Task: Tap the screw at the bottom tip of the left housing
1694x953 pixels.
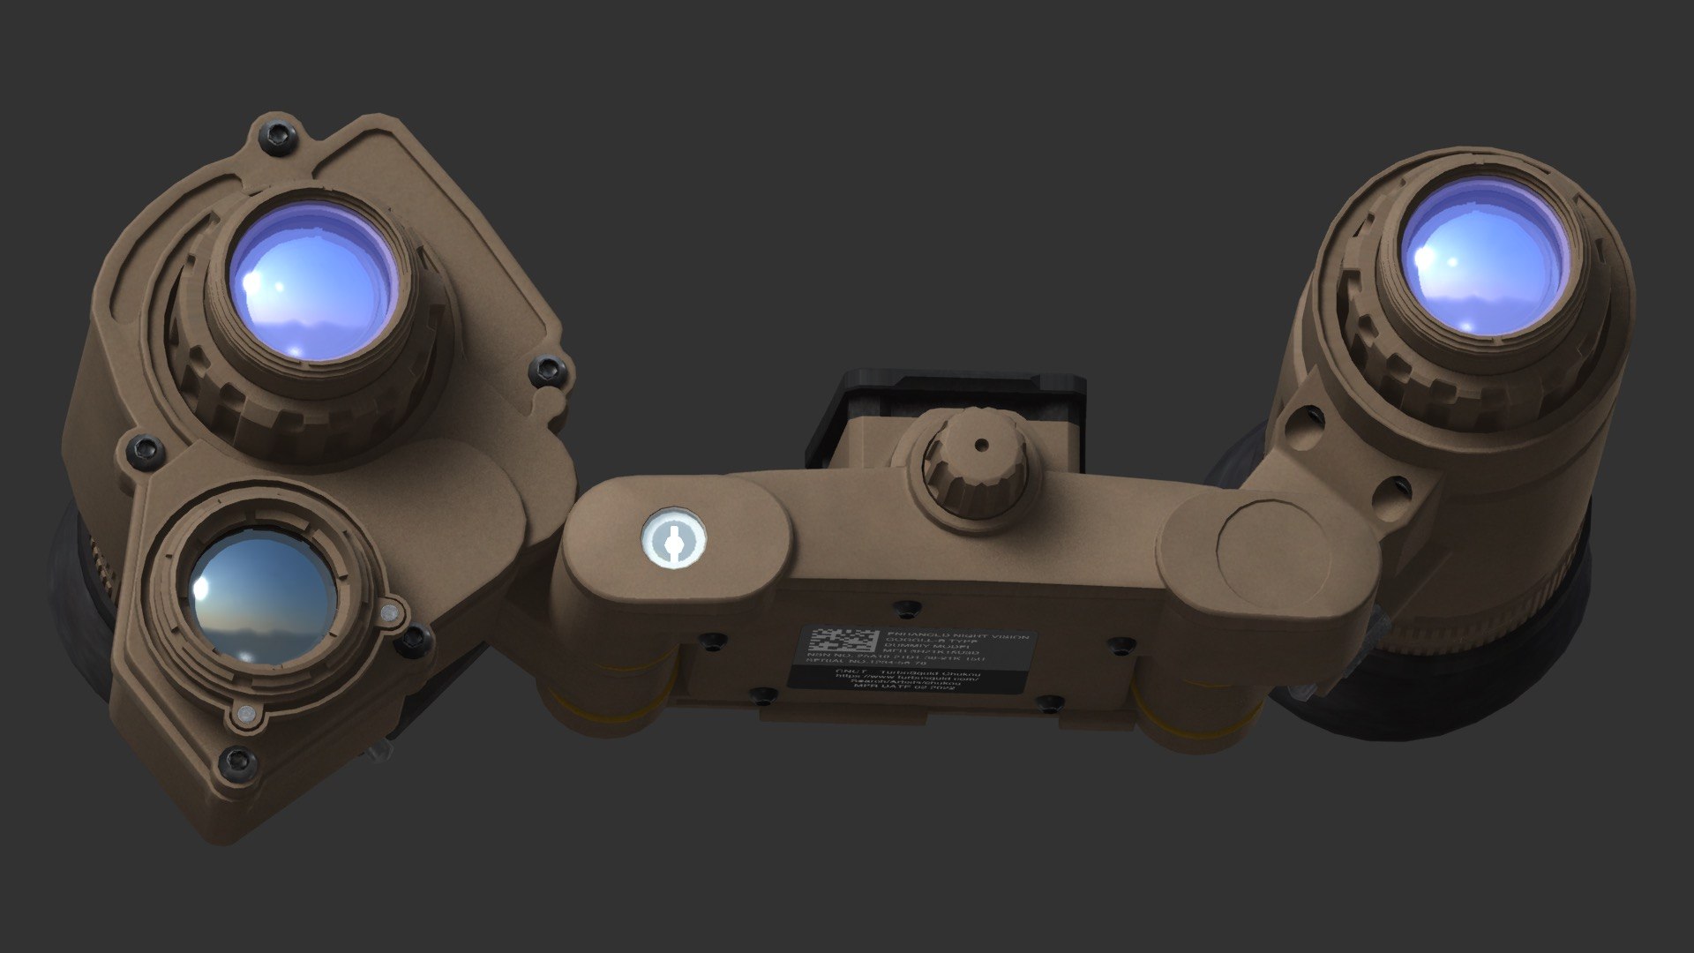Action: point(238,760)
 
